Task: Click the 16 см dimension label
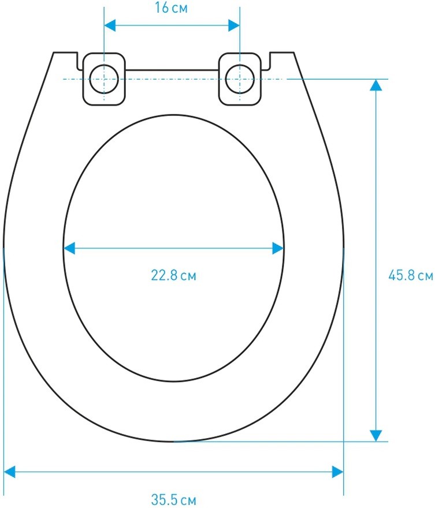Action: coord(171,8)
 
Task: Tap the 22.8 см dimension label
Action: coord(174,275)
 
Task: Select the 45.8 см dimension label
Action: coord(411,275)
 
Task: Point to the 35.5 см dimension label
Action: coord(174,499)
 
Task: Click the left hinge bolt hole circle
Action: coord(104,79)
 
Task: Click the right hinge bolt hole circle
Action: coord(240,79)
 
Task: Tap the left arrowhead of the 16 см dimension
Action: coord(110,25)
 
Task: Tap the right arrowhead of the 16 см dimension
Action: coord(234,25)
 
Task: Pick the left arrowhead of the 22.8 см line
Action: coord(69,248)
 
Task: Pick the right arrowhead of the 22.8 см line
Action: coord(278,248)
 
